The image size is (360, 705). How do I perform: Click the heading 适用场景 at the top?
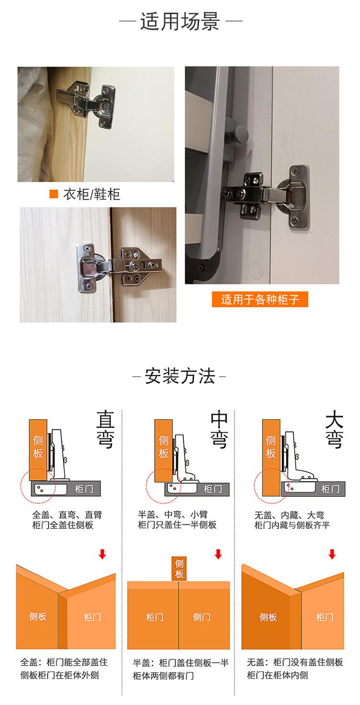[x=180, y=22]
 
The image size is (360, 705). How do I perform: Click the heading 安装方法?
[x=180, y=376]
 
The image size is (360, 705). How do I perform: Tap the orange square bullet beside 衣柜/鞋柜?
[x=54, y=194]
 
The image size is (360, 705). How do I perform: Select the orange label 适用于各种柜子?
[x=260, y=300]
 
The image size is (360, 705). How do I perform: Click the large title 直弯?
[x=105, y=429]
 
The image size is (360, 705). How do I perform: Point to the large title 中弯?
[x=219, y=429]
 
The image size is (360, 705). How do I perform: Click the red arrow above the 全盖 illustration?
[x=102, y=554]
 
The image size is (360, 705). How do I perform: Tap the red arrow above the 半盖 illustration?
[x=218, y=554]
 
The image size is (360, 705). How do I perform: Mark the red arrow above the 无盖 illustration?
[x=332, y=554]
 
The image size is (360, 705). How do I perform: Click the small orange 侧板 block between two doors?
[x=179, y=568]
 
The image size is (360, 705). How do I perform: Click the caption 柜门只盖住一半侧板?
[x=177, y=525]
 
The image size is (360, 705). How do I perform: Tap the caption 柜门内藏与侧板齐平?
[x=292, y=525]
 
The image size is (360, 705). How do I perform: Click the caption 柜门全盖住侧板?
[x=63, y=525]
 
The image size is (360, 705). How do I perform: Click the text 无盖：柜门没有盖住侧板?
[x=295, y=662]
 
